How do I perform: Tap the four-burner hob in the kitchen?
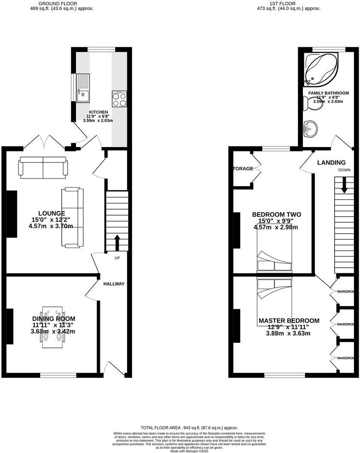[119, 100]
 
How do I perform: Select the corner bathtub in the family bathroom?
[321, 69]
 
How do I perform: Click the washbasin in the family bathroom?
[310, 127]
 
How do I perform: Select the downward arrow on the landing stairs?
[344, 185]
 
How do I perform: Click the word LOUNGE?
[51, 213]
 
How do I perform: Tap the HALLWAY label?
[114, 284]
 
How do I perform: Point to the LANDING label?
[331, 163]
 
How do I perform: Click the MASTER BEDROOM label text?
[289, 321]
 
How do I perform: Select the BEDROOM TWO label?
[276, 215]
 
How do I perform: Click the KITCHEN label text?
[98, 112]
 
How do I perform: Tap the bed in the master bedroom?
[274, 296]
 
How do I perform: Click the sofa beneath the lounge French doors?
[43, 167]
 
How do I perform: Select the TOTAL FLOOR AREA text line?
[189, 428]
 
